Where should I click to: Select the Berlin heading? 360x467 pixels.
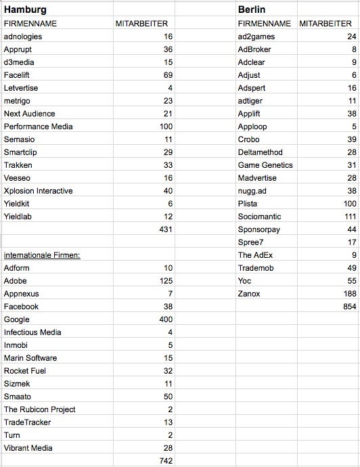tap(251, 9)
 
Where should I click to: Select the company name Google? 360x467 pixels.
tap(16, 319)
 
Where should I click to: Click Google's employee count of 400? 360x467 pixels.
tap(166, 319)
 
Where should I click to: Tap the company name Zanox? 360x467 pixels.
tap(249, 294)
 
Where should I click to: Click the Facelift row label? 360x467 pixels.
tap(18, 75)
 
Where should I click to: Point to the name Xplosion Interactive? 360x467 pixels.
tap(38, 191)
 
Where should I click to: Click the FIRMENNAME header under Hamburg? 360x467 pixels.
tap(30, 24)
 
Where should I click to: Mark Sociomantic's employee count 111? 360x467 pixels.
tap(348, 217)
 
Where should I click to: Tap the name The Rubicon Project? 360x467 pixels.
tap(39, 409)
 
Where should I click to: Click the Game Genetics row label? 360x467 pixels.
tap(265, 165)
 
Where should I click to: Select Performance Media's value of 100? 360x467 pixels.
tap(166, 127)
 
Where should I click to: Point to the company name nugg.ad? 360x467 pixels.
tap(252, 191)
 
